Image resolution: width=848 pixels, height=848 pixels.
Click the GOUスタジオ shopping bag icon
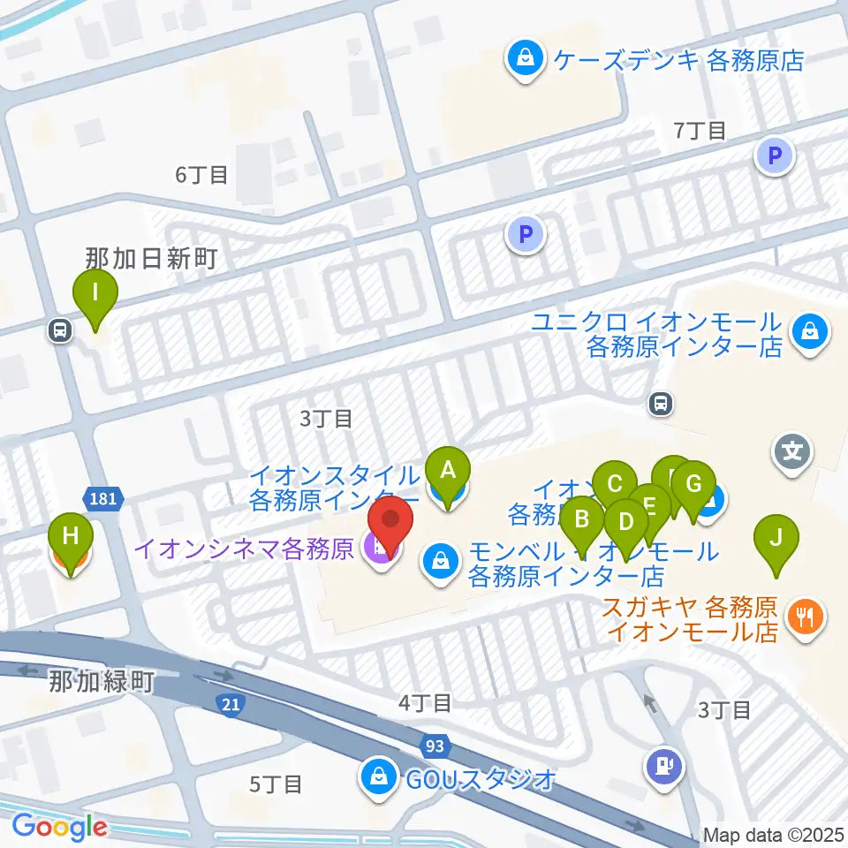pyautogui.click(x=377, y=777)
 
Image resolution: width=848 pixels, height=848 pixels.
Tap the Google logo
pyautogui.click(x=59, y=827)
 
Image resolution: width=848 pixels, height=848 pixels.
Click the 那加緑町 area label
pyautogui.click(x=102, y=682)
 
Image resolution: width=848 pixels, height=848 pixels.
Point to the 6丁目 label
pyautogui.click(x=201, y=175)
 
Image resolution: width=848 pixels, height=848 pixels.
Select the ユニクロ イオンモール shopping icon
pyautogui.click(x=807, y=333)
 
